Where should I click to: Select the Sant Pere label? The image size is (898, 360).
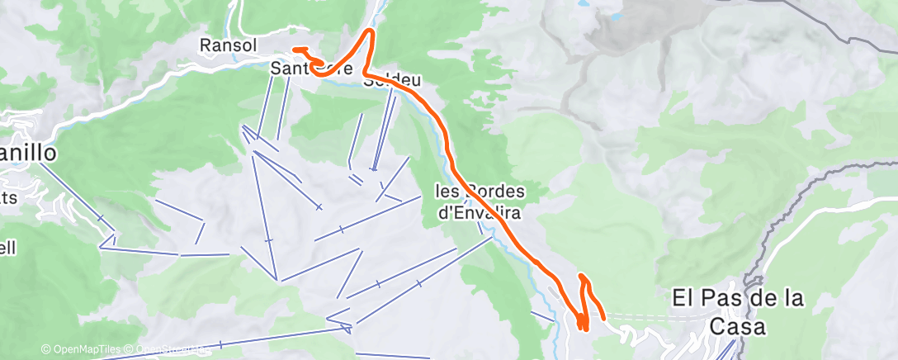point(312,70)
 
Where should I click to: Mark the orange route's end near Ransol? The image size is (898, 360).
point(295,50)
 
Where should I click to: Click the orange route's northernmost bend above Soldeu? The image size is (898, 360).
point(371,31)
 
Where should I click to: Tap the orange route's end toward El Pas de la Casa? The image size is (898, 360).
point(603,317)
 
